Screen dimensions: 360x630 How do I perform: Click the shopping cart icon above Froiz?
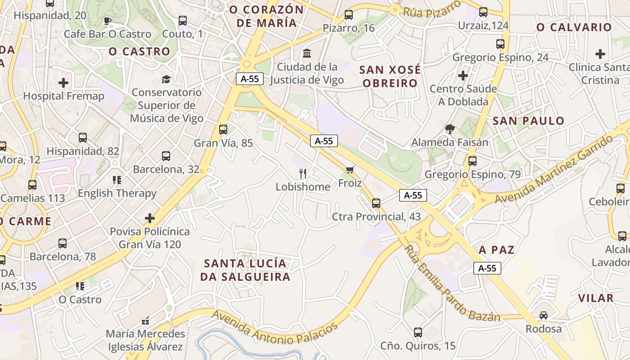tap(350, 170)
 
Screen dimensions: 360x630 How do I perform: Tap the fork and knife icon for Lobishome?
tap(303, 173)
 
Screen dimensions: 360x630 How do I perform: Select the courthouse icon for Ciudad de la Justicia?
tap(307, 53)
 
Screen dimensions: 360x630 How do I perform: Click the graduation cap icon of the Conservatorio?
tap(166, 79)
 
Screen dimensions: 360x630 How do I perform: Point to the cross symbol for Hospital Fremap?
tap(63, 83)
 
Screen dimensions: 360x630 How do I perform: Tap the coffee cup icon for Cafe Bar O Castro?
tap(107, 21)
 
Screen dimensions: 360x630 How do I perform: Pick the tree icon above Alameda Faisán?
tap(450, 130)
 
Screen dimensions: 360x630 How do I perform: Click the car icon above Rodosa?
tap(544, 315)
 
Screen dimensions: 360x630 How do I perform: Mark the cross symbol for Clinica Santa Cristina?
tap(600, 54)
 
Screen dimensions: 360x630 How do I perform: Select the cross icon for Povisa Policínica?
tap(150, 218)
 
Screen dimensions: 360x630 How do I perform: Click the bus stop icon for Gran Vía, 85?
tap(223, 130)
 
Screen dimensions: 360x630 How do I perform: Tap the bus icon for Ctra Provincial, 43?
tap(376, 203)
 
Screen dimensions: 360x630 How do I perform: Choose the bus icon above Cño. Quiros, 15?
tap(418, 333)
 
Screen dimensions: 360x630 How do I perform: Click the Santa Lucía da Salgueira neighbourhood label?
tap(245, 270)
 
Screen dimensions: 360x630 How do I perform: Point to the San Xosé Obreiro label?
tap(390, 76)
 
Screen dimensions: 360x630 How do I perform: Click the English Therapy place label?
tap(117, 193)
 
